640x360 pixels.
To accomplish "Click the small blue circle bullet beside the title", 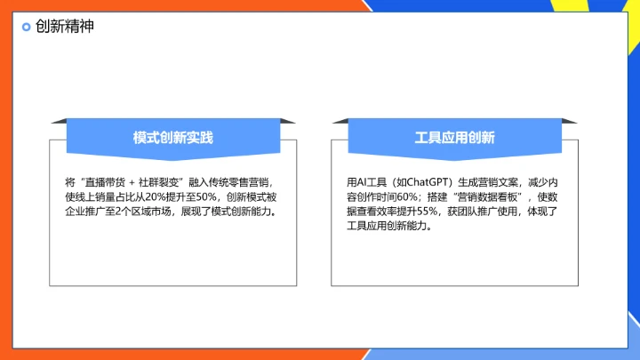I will coord(27,27).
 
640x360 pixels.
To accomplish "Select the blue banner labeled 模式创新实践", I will coord(173,137).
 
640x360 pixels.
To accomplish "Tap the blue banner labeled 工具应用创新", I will coord(454,137).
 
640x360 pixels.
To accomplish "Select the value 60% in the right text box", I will coord(408,196).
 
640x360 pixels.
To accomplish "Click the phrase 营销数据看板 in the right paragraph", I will coord(486,196).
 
